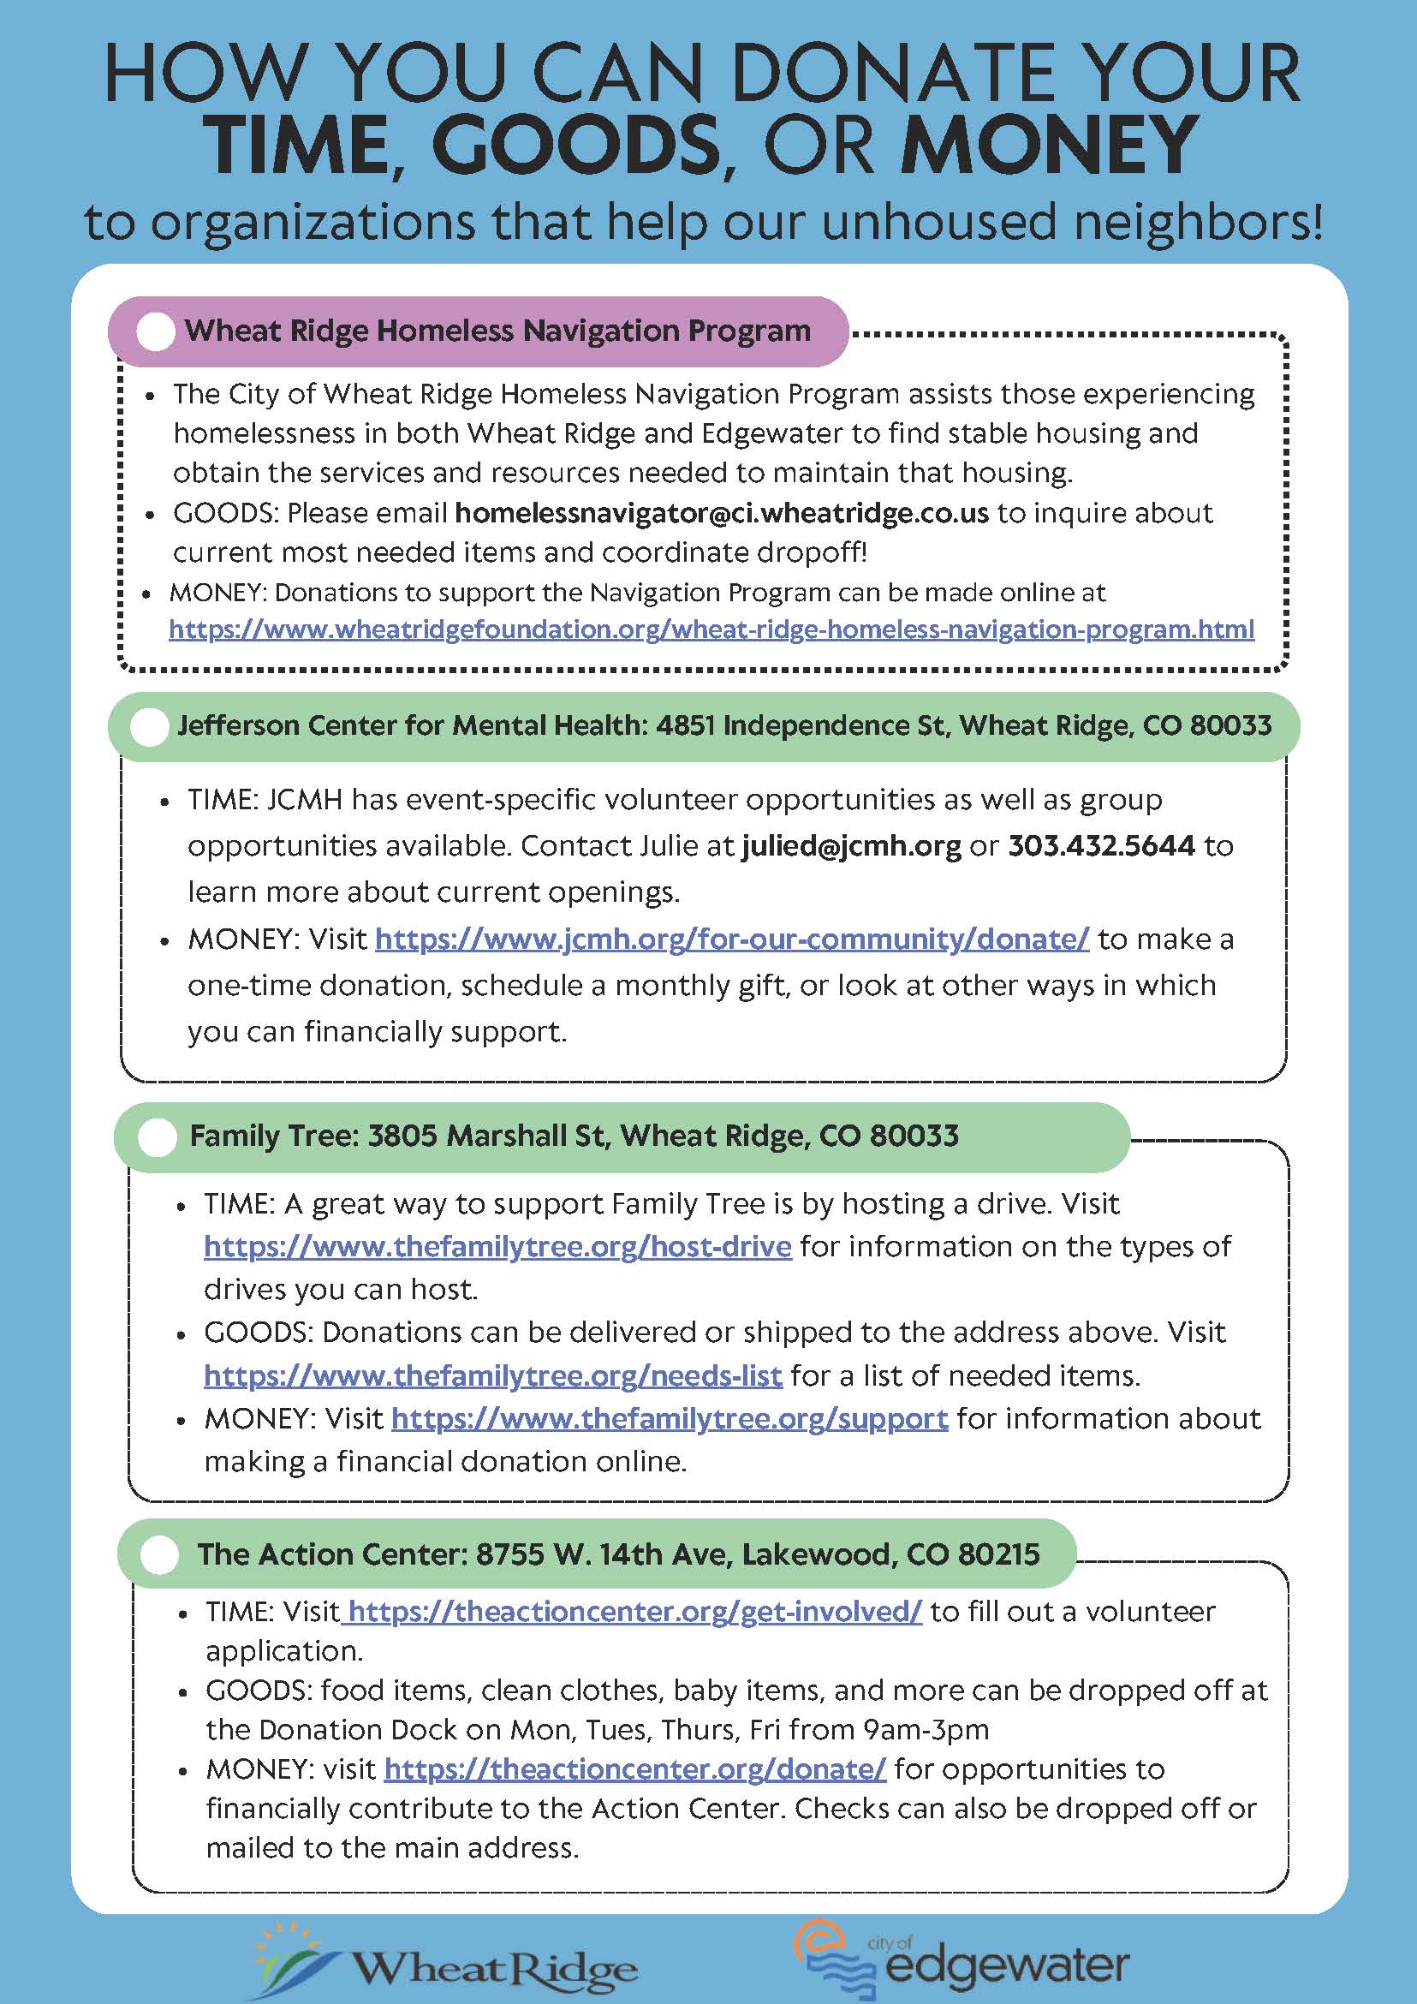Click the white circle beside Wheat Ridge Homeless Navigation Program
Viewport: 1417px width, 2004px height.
156,332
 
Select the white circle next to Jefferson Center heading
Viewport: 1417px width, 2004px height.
149,727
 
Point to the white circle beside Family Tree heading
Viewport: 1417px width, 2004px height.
158,1138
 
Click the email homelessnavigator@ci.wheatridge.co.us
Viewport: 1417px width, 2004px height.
722,513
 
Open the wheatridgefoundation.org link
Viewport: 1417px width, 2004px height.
711,629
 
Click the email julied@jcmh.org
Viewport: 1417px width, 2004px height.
851,846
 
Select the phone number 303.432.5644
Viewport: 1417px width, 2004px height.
1101,846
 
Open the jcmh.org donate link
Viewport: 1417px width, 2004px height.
732,939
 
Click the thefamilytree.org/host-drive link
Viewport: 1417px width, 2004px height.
497,1246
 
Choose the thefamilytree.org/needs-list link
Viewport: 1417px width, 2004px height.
493,1375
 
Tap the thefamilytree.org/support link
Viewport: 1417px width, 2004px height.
670,1418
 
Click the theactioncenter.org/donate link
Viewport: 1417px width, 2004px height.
635,1769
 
